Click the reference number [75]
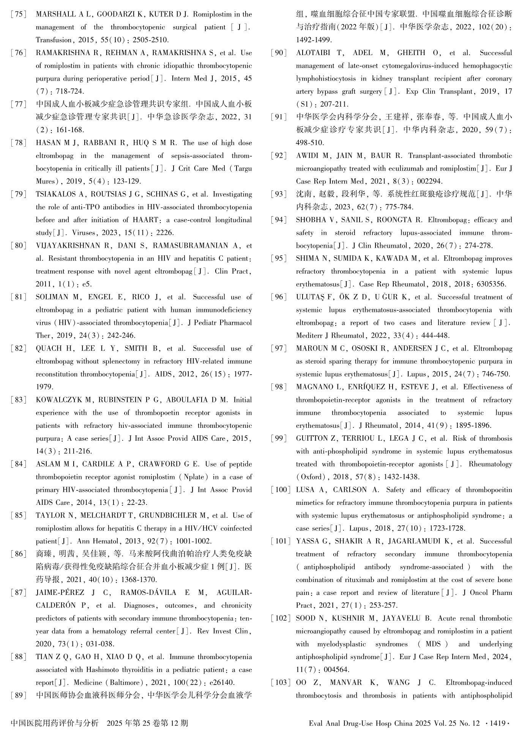[x=19, y=14]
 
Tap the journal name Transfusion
[x=54, y=40]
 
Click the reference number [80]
[x=19, y=246]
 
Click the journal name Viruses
[x=83, y=233]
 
